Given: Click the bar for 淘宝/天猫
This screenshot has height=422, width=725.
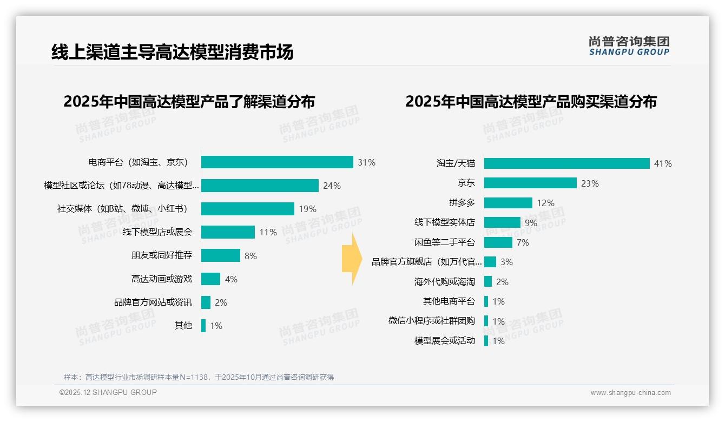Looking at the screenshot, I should click(x=566, y=163).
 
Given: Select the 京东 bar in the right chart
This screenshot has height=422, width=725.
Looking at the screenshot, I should click(x=530, y=183).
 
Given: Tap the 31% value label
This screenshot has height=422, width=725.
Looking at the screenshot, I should click(x=366, y=162).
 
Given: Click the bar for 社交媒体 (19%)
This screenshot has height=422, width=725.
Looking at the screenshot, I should click(x=248, y=209).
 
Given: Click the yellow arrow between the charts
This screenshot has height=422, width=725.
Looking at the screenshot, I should click(x=352, y=259).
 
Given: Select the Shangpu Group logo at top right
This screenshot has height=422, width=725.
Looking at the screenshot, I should click(x=629, y=45).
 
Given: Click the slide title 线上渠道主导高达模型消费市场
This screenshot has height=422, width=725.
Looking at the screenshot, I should click(x=172, y=52).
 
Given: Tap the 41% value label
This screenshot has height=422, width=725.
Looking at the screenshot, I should click(x=663, y=163).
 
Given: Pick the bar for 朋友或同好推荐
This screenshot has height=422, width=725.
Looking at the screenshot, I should click(x=221, y=255).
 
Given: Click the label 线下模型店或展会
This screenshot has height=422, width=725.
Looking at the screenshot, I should click(x=157, y=232).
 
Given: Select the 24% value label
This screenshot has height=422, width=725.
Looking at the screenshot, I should click(x=332, y=186).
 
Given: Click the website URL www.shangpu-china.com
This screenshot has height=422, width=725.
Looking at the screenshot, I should click(x=630, y=393).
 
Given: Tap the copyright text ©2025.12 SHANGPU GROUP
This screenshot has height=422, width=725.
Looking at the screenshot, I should click(x=108, y=392).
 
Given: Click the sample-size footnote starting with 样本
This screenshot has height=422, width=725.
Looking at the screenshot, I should click(x=199, y=377).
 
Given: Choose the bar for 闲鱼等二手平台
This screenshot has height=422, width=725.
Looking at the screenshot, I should click(x=498, y=242).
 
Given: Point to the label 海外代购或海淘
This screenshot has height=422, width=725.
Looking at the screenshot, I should click(x=444, y=282).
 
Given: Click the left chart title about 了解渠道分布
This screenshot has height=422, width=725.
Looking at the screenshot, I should click(x=189, y=102).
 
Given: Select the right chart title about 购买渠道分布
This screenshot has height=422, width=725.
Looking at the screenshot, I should click(x=531, y=102).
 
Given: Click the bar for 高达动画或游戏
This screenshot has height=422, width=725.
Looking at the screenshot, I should click(x=211, y=279).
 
